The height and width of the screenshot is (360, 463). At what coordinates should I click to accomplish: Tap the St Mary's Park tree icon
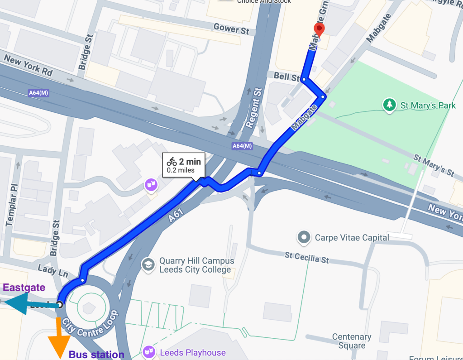pos(389,105)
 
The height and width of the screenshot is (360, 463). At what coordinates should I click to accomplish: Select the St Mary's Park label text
pos(428,106)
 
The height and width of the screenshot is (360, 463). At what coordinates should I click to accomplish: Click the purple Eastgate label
pos(24,287)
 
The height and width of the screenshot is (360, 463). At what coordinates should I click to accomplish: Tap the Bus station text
pos(96,355)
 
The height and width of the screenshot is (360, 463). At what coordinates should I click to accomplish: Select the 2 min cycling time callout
pos(184,165)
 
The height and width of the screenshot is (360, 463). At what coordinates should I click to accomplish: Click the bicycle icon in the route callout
pos(172,161)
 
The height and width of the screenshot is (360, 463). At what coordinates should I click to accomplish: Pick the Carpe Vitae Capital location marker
pos(304,237)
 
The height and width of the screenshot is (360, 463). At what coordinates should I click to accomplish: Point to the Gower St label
pos(232,29)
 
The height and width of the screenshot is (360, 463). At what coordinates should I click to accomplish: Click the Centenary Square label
pos(352,341)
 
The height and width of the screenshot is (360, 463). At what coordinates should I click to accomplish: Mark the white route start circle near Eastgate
pos(59,304)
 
